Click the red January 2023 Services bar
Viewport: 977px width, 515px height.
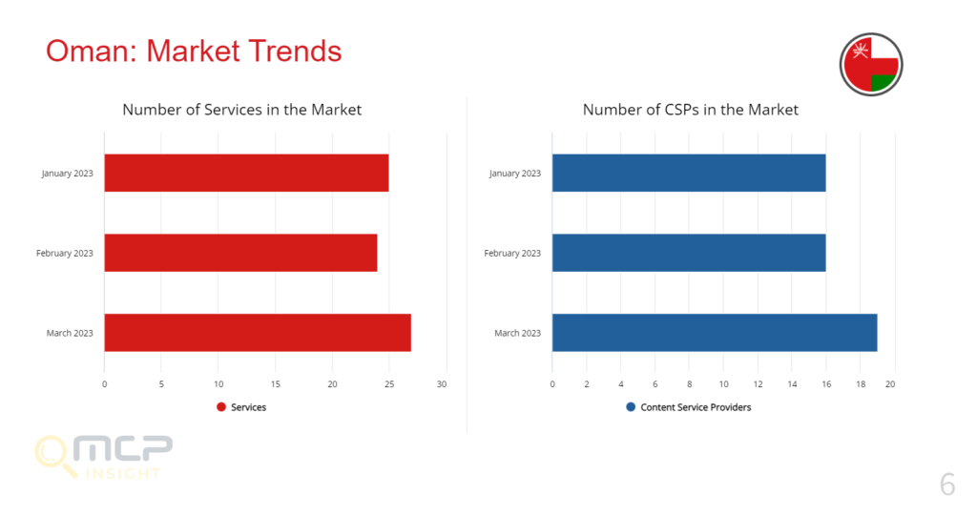(247, 174)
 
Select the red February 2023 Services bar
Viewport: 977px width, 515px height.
(241, 253)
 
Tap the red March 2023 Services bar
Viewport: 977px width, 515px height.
(258, 333)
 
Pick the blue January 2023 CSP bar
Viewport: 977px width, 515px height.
(689, 174)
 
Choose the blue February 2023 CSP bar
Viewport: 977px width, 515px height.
(689, 253)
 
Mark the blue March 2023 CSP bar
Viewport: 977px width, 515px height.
(715, 333)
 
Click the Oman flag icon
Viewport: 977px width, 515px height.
(871, 64)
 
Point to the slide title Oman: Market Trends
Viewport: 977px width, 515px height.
(194, 51)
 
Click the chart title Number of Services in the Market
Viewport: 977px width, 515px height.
(241, 110)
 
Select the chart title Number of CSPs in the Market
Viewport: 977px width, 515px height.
(691, 110)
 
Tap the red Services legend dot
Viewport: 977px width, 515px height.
(221, 407)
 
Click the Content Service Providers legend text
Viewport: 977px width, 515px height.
(696, 407)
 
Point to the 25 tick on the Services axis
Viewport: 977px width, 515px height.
(389, 384)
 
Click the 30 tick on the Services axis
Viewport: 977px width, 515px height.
(442, 384)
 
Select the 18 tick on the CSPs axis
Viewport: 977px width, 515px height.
(861, 384)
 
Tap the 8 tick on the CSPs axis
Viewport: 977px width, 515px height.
(689, 384)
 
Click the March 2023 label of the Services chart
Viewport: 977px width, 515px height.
(70, 333)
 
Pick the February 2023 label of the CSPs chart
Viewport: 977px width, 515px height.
(512, 254)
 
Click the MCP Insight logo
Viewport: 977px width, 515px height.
(103, 457)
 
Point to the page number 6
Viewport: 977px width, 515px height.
(947, 484)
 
